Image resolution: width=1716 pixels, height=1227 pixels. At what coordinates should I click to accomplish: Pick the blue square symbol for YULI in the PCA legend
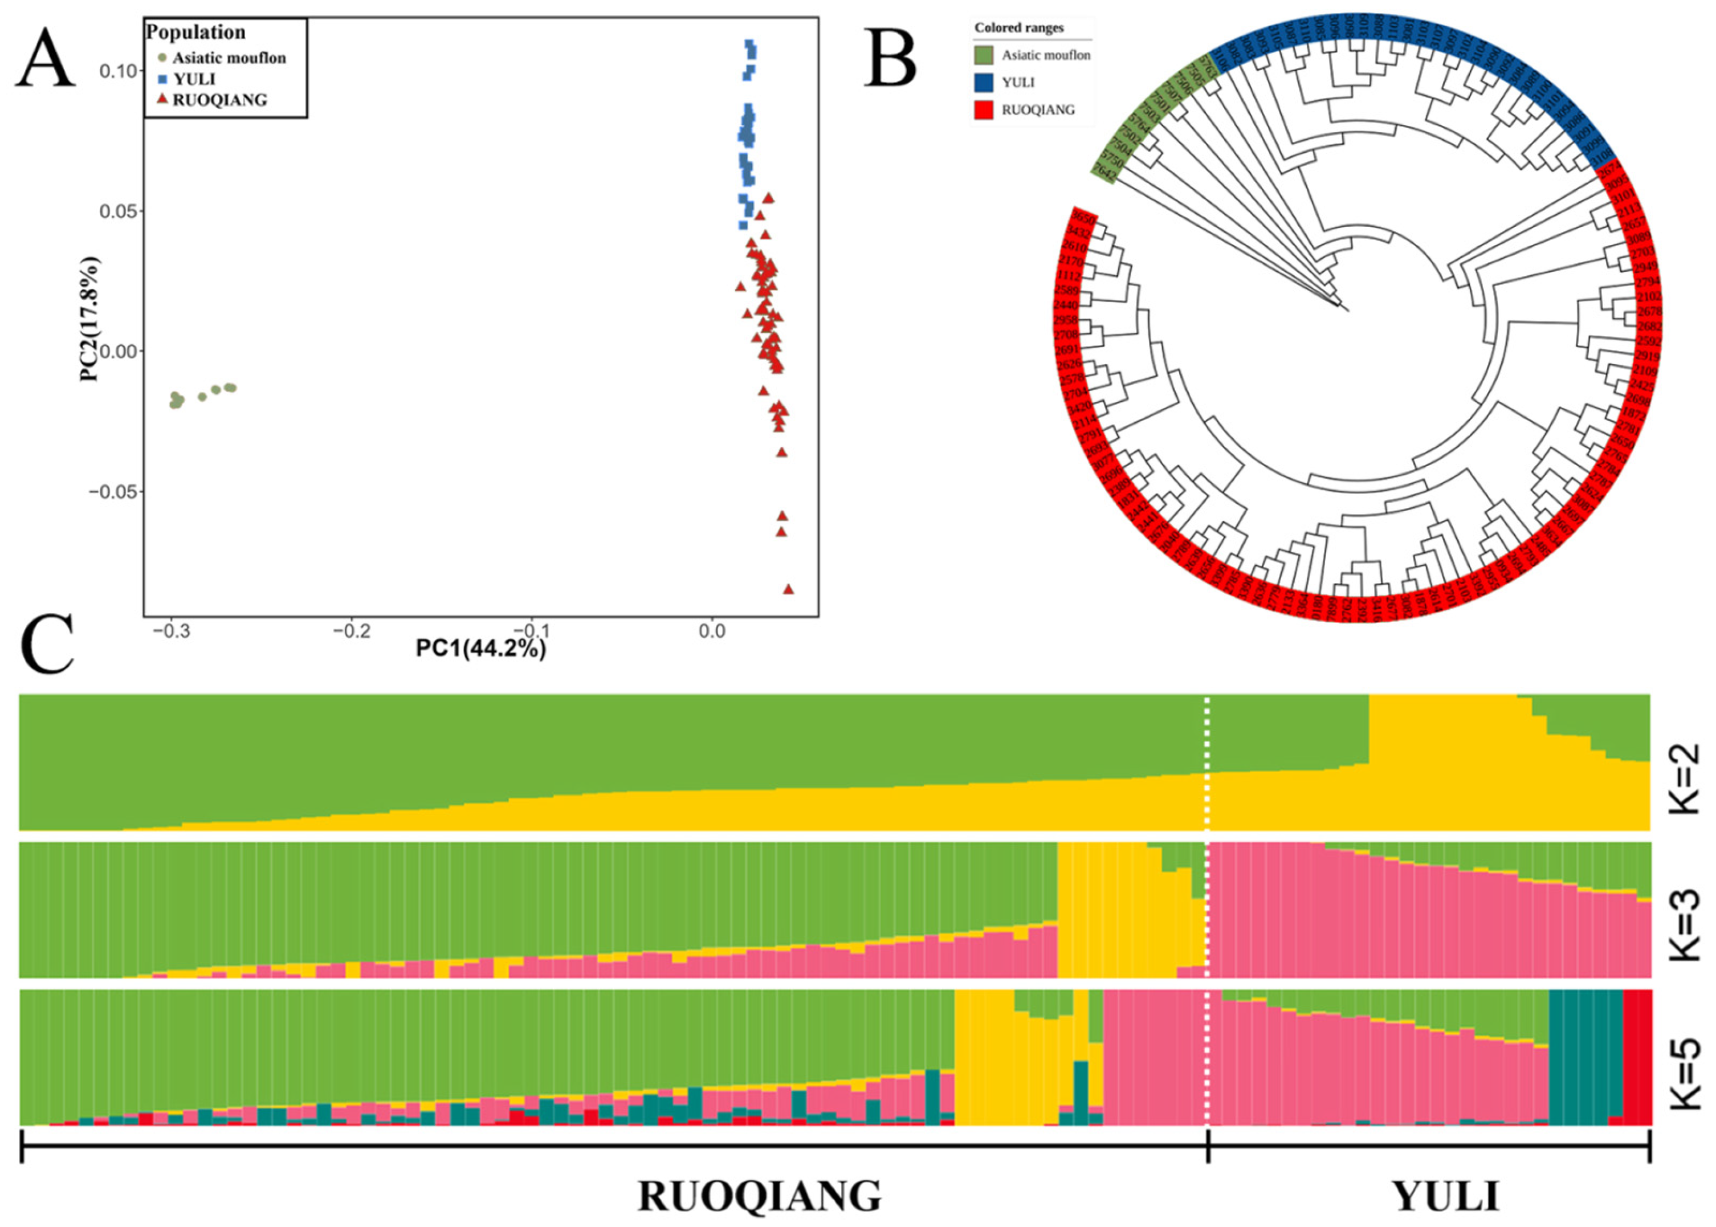coord(162,79)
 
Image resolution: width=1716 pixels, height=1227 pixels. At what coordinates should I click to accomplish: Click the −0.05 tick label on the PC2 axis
coord(114,492)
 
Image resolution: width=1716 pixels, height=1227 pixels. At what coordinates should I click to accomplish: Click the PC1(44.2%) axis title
coord(480,650)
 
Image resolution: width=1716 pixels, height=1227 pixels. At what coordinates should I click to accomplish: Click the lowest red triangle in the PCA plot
coord(789,589)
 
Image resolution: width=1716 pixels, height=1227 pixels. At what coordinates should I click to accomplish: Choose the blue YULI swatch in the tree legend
coord(983,83)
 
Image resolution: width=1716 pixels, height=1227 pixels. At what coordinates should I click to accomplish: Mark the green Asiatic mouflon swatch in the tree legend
coord(983,55)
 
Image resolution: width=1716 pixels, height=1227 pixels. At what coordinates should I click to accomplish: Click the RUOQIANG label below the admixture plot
coord(759,1196)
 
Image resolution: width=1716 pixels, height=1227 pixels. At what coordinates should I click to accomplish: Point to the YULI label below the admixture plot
coord(1445,1196)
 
